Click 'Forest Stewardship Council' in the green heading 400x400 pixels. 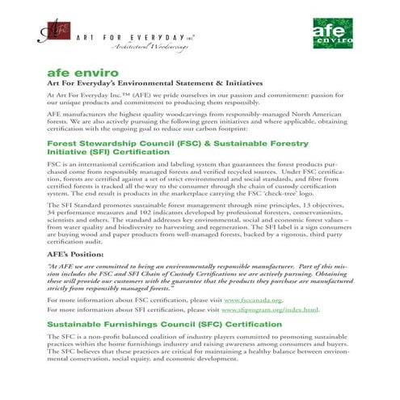(105, 143)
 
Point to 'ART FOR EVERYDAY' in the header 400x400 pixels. (133, 36)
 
